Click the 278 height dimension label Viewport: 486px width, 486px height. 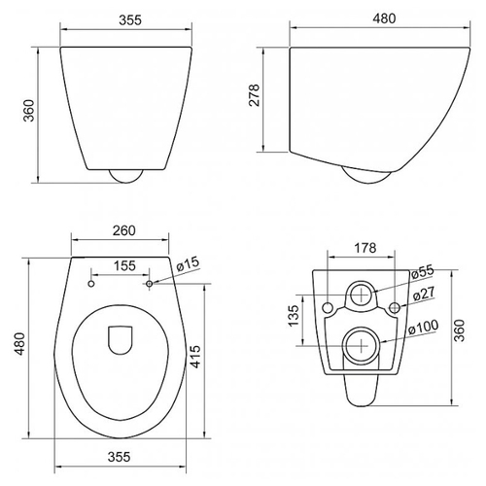click(255, 95)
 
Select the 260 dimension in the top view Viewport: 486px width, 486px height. click(123, 230)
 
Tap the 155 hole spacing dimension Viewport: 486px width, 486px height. click(124, 265)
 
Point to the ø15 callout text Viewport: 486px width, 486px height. click(188, 264)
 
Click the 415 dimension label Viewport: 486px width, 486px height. click(195, 357)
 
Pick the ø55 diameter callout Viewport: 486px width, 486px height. click(422, 272)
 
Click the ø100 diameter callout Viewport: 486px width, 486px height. click(423, 328)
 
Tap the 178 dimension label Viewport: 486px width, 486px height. click(365, 248)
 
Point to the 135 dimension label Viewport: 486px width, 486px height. click(294, 315)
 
